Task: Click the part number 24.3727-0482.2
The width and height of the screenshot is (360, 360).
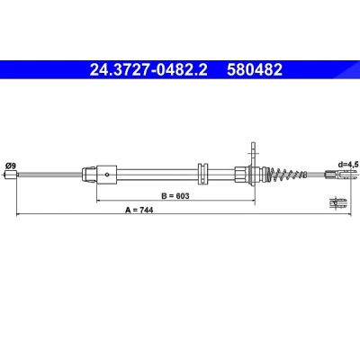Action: (148, 70)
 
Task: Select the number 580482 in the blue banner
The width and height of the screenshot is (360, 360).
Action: (255, 70)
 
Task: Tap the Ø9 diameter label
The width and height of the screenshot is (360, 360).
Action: (11, 166)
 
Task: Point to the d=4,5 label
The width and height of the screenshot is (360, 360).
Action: (347, 165)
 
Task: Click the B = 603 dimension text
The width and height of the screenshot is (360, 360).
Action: (175, 196)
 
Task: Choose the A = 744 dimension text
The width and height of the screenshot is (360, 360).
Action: (139, 211)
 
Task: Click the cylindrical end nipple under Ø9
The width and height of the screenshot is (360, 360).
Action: (10, 175)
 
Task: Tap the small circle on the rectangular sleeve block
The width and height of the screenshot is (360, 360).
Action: (106, 174)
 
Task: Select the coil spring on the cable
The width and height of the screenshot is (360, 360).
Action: (288, 174)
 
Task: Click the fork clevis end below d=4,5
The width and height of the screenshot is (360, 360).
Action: (341, 174)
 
